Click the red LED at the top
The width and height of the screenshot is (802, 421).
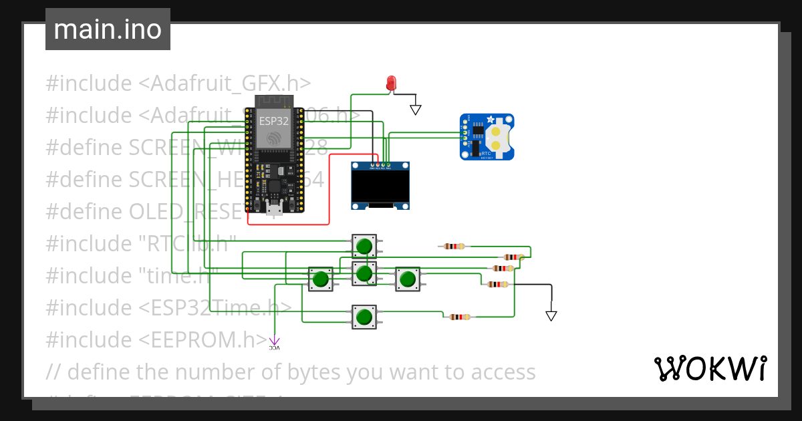(x=392, y=83)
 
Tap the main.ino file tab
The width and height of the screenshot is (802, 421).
(x=108, y=29)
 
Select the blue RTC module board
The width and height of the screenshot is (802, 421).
(x=487, y=136)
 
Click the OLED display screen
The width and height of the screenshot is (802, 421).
(x=380, y=186)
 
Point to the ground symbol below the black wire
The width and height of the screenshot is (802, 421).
(x=551, y=315)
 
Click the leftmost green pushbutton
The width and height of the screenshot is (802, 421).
(x=321, y=279)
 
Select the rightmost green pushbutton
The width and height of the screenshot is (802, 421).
(x=407, y=279)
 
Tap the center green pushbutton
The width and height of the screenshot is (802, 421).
(x=364, y=273)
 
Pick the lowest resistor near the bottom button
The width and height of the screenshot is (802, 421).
(x=459, y=317)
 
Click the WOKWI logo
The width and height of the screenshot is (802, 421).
(x=710, y=368)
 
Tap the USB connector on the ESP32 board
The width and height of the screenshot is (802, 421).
(x=273, y=208)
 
